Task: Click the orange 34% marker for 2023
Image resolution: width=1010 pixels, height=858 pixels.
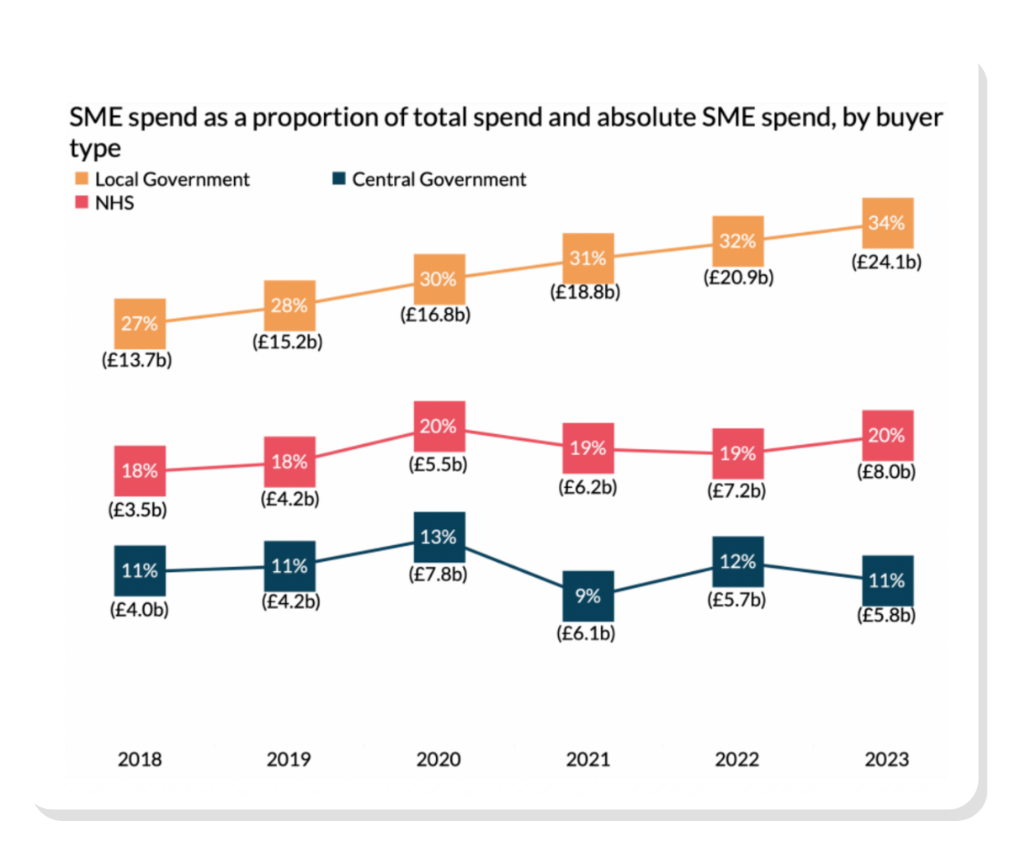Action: point(887,223)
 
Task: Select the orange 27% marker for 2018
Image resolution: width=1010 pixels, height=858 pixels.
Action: point(140,323)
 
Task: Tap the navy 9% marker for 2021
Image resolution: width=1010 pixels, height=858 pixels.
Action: point(587,596)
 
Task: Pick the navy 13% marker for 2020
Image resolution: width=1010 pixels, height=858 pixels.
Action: point(439,537)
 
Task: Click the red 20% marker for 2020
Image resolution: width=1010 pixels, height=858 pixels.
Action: point(439,426)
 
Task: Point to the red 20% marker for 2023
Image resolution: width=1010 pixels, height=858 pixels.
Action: point(887,435)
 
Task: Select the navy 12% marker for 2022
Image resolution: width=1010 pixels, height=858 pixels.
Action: point(737,561)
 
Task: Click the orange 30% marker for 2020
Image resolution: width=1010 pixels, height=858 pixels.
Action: point(439,278)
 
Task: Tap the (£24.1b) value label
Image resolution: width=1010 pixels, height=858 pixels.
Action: point(887,262)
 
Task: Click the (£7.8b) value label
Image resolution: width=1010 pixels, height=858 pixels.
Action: point(439,575)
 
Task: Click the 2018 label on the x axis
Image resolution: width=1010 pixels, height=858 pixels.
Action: point(140,760)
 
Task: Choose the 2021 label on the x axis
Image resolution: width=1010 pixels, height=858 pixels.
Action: point(587,760)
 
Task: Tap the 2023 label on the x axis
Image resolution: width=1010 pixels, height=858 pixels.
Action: point(887,760)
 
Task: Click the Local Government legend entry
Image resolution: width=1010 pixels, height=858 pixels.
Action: point(162,179)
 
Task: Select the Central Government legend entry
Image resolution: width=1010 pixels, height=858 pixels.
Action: point(429,179)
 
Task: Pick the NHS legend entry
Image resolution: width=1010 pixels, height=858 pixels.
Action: point(104,203)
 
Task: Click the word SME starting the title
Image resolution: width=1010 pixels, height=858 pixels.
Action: point(97,118)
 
